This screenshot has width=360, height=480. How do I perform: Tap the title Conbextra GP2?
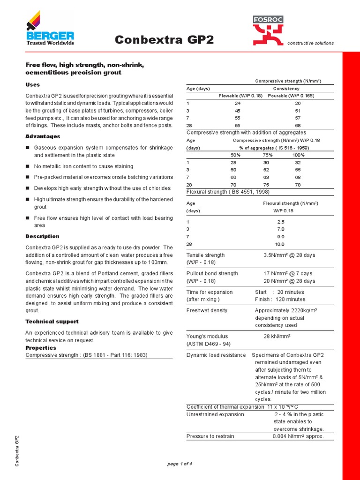click(164, 40)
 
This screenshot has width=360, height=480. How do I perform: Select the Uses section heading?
click(32, 85)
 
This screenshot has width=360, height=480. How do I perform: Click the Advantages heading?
click(43, 136)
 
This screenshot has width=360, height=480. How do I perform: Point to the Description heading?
click(42, 236)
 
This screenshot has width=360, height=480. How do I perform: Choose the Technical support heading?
click(52, 322)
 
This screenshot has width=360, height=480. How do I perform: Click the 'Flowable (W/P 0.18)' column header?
click(240, 96)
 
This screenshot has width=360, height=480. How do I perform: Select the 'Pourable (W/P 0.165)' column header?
click(291, 96)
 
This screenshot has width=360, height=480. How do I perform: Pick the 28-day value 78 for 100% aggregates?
click(298, 185)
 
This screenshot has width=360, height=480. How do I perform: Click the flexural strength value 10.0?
click(280, 244)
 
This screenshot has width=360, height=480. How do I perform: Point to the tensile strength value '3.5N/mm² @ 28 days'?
click(289, 255)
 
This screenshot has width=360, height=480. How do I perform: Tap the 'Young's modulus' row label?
click(206, 336)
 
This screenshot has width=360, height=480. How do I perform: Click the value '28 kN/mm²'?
click(277, 336)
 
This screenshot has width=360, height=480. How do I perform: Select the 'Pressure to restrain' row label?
click(210, 436)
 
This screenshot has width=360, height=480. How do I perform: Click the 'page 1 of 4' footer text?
click(180, 464)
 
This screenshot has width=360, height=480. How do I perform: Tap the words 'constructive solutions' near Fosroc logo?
click(310, 43)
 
